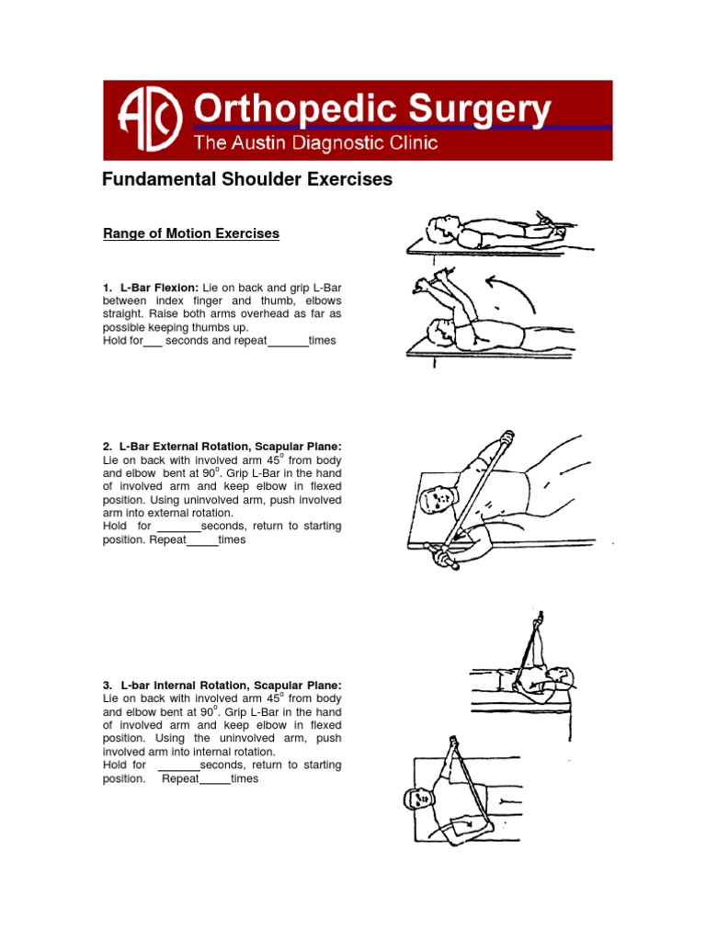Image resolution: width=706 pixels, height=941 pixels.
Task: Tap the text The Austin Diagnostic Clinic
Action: [314, 143]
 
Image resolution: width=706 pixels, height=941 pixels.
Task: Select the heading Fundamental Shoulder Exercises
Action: [246, 180]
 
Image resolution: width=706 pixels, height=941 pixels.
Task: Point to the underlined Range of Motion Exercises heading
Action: [191, 234]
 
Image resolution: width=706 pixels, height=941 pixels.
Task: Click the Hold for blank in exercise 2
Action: [178, 527]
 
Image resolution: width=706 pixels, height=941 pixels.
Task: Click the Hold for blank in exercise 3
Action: [178, 765]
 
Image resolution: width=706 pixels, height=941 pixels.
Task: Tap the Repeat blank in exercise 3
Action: [214, 779]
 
